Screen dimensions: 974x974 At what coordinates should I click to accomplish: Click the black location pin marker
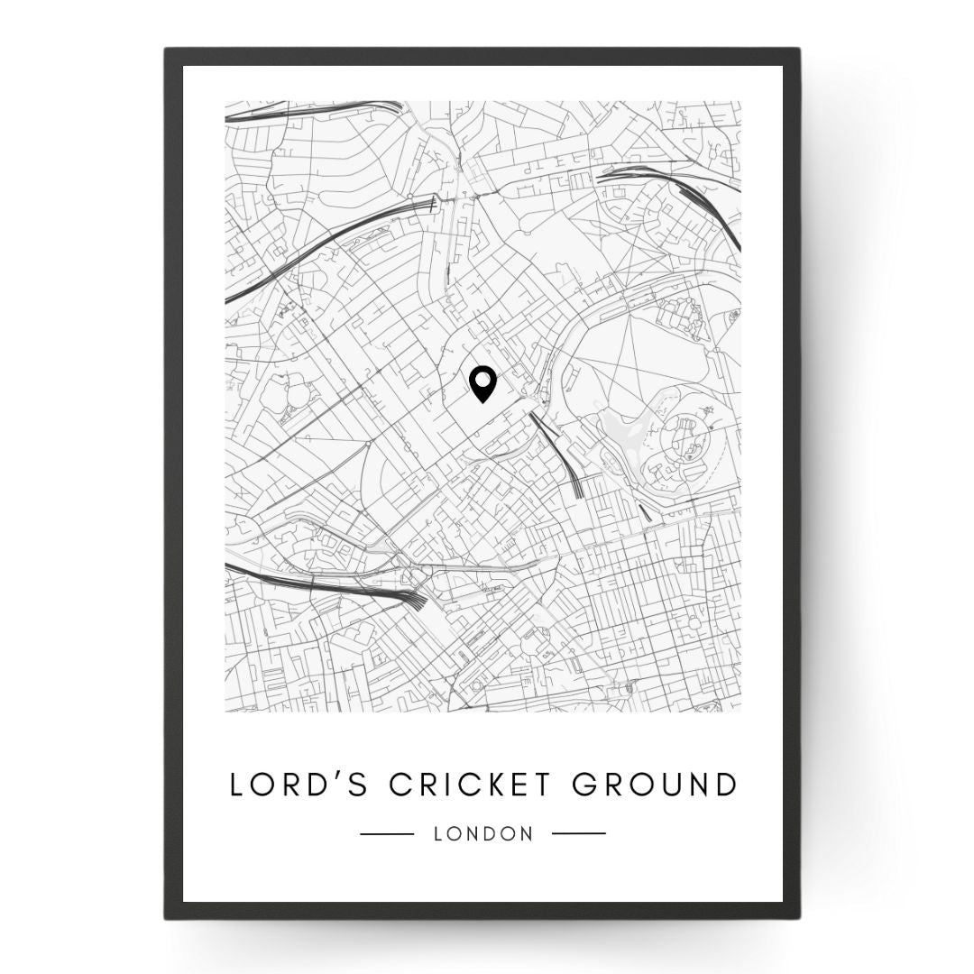pos(483,385)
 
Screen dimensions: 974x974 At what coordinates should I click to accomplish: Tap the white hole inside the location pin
pos(483,380)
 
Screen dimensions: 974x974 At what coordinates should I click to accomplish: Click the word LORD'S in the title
pos(299,785)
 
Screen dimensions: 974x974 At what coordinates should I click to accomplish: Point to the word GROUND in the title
pos(655,785)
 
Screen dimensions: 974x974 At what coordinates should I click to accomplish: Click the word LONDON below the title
pos(483,834)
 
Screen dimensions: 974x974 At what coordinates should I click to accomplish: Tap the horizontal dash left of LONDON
pos(387,834)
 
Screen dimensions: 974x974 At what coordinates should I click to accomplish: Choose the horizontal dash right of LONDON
pos(579,834)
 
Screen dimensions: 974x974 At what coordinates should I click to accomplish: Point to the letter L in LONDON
pos(439,834)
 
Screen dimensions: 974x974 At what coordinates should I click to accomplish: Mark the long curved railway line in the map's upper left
pos(325,248)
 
